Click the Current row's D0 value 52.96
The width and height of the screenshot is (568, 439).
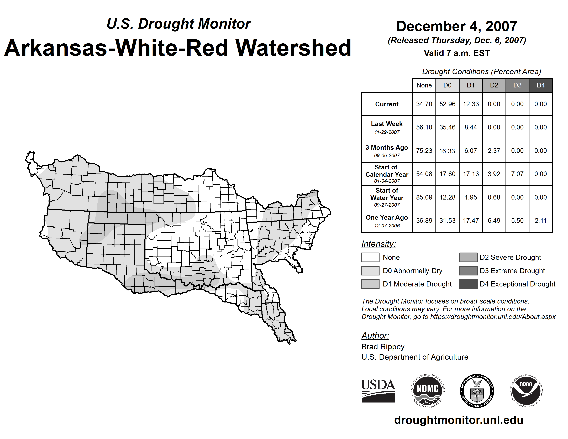coord(447,104)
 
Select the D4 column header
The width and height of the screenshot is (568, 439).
coord(540,85)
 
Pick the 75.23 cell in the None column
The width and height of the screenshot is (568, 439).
coord(424,151)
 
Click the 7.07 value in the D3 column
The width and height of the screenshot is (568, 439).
coord(517,174)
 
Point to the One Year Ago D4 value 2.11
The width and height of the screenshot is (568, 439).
coord(540,221)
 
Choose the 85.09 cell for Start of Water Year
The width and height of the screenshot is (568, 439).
coord(424,197)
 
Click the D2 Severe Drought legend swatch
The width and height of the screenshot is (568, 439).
coord(468,257)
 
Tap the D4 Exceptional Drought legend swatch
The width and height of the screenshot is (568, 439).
coord(468,284)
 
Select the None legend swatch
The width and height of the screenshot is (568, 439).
coord(370,257)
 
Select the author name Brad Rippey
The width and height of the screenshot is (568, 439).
coord(383,347)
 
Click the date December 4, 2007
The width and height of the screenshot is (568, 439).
coord(456,26)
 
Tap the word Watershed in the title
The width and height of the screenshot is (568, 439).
coord(293,48)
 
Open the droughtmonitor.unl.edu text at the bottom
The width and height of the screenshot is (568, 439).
coord(459,420)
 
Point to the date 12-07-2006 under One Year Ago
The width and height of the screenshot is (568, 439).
coord(387,226)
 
